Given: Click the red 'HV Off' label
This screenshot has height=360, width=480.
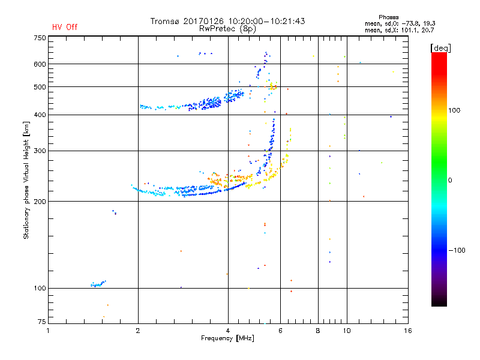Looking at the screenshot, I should pyautogui.click(x=64, y=27).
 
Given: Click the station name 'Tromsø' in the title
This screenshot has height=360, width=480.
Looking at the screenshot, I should pyautogui.click(x=166, y=21).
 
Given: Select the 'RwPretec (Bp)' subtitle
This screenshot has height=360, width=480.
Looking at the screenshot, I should pyautogui.click(x=227, y=28).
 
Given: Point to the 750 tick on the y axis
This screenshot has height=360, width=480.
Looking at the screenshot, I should pyautogui.click(x=40, y=38).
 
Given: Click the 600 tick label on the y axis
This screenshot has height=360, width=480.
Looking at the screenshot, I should pyautogui.click(x=40, y=64).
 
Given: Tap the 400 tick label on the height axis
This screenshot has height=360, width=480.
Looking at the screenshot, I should pyautogui.click(x=40, y=115).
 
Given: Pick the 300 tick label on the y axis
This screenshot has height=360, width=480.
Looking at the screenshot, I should pyautogui.click(x=40, y=151).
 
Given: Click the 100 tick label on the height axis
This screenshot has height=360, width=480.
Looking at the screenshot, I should pyautogui.click(x=40, y=288).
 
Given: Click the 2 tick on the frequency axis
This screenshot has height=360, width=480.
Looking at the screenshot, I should pyautogui.click(x=138, y=331).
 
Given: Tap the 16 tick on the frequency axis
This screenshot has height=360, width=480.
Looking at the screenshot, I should pyautogui.click(x=407, y=331).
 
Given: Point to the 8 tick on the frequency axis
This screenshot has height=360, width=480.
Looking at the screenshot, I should pyautogui.click(x=318, y=331).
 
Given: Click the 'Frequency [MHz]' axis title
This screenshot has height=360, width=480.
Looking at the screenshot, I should pyautogui.click(x=227, y=338).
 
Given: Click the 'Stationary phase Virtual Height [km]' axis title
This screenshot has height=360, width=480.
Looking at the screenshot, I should pyautogui.click(x=26, y=180).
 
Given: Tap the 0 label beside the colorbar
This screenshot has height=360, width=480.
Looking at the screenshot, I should pyautogui.click(x=451, y=179).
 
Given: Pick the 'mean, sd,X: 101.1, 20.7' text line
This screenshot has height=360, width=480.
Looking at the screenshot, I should pyautogui.click(x=399, y=29).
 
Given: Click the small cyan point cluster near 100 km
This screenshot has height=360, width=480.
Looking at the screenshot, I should pyautogui.click(x=98, y=283).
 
